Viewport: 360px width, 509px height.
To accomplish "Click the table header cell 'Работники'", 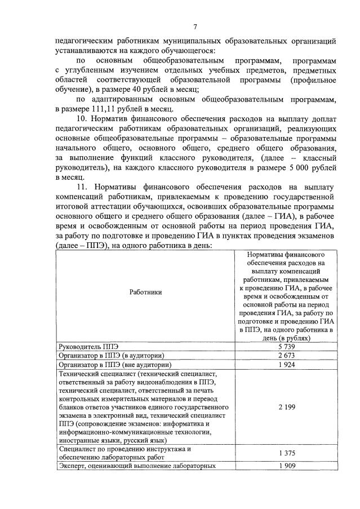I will (145, 292).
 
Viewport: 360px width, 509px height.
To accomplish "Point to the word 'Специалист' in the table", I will (78, 449).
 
